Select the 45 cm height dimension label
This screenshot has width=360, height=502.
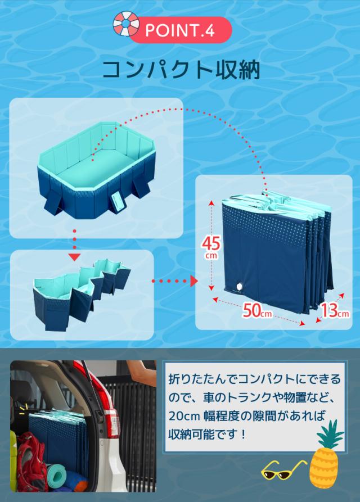211,246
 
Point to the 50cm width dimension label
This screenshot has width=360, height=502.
258,310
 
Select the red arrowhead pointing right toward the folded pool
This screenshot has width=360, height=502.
195,280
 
